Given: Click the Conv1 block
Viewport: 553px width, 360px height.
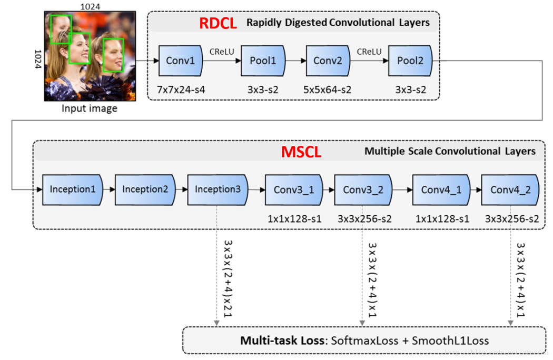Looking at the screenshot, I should (x=181, y=61).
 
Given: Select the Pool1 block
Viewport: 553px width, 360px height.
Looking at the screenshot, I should (x=263, y=61).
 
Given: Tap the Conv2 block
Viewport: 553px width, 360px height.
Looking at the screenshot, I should (x=328, y=61).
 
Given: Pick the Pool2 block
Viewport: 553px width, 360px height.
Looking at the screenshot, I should (x=410, y=61).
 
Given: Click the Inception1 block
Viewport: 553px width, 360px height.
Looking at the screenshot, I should (x=73, y=189).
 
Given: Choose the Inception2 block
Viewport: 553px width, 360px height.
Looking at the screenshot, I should (x=145, y=189).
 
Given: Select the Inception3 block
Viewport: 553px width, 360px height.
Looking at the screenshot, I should (x=218, y=189).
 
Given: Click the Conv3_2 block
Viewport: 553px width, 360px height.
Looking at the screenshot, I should (x=363, y=189).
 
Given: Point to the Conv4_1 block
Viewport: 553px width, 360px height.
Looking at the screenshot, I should (x=441, y=189).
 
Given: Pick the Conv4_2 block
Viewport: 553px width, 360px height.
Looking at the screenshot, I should (x=510, y=189).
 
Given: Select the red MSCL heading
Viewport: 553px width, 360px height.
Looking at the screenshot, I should (x=301, y=152).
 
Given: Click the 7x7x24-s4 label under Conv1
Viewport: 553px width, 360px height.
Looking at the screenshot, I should (x=181, y=90).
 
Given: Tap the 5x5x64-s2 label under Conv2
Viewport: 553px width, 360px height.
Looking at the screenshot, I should (x=328, y=90).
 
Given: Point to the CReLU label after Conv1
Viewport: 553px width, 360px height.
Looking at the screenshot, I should (x=222, y=52).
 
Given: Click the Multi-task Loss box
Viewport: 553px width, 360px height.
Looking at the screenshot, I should (x=364, y=340).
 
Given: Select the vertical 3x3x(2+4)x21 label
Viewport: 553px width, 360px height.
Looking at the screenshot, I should (x=228, y=278).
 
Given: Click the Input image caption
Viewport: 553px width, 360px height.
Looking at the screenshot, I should (x=90, y=108).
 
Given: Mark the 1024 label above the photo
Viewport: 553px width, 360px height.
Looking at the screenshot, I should (x=90, y=6).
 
